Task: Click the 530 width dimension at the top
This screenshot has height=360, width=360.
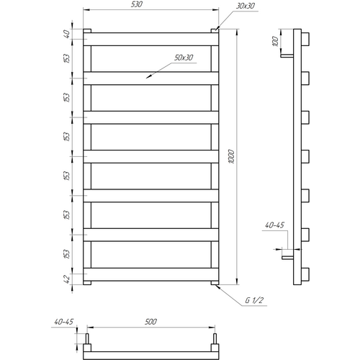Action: point(137,4)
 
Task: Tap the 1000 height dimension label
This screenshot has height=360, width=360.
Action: point(231,156)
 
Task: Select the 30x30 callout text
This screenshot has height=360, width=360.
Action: point(246,6)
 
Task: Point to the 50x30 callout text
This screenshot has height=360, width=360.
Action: point(184,58)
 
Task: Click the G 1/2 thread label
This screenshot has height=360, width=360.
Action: point(254,300)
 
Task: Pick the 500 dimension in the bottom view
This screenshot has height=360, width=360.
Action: point(150,322)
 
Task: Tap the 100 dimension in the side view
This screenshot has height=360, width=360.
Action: point(276,41)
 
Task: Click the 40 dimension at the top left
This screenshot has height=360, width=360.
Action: point(67,34)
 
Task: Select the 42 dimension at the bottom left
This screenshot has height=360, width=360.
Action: point(67,279)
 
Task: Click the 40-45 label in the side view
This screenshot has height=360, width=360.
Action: point(274,225)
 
